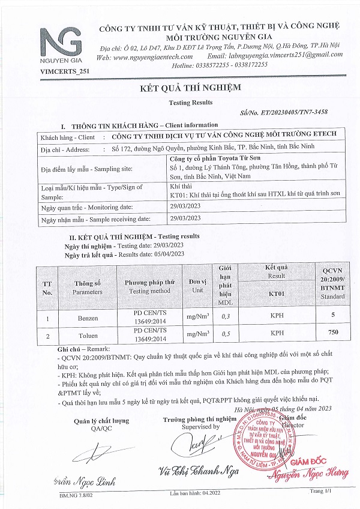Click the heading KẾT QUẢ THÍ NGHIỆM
click(190, 88)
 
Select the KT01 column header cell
click(277, 295)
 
